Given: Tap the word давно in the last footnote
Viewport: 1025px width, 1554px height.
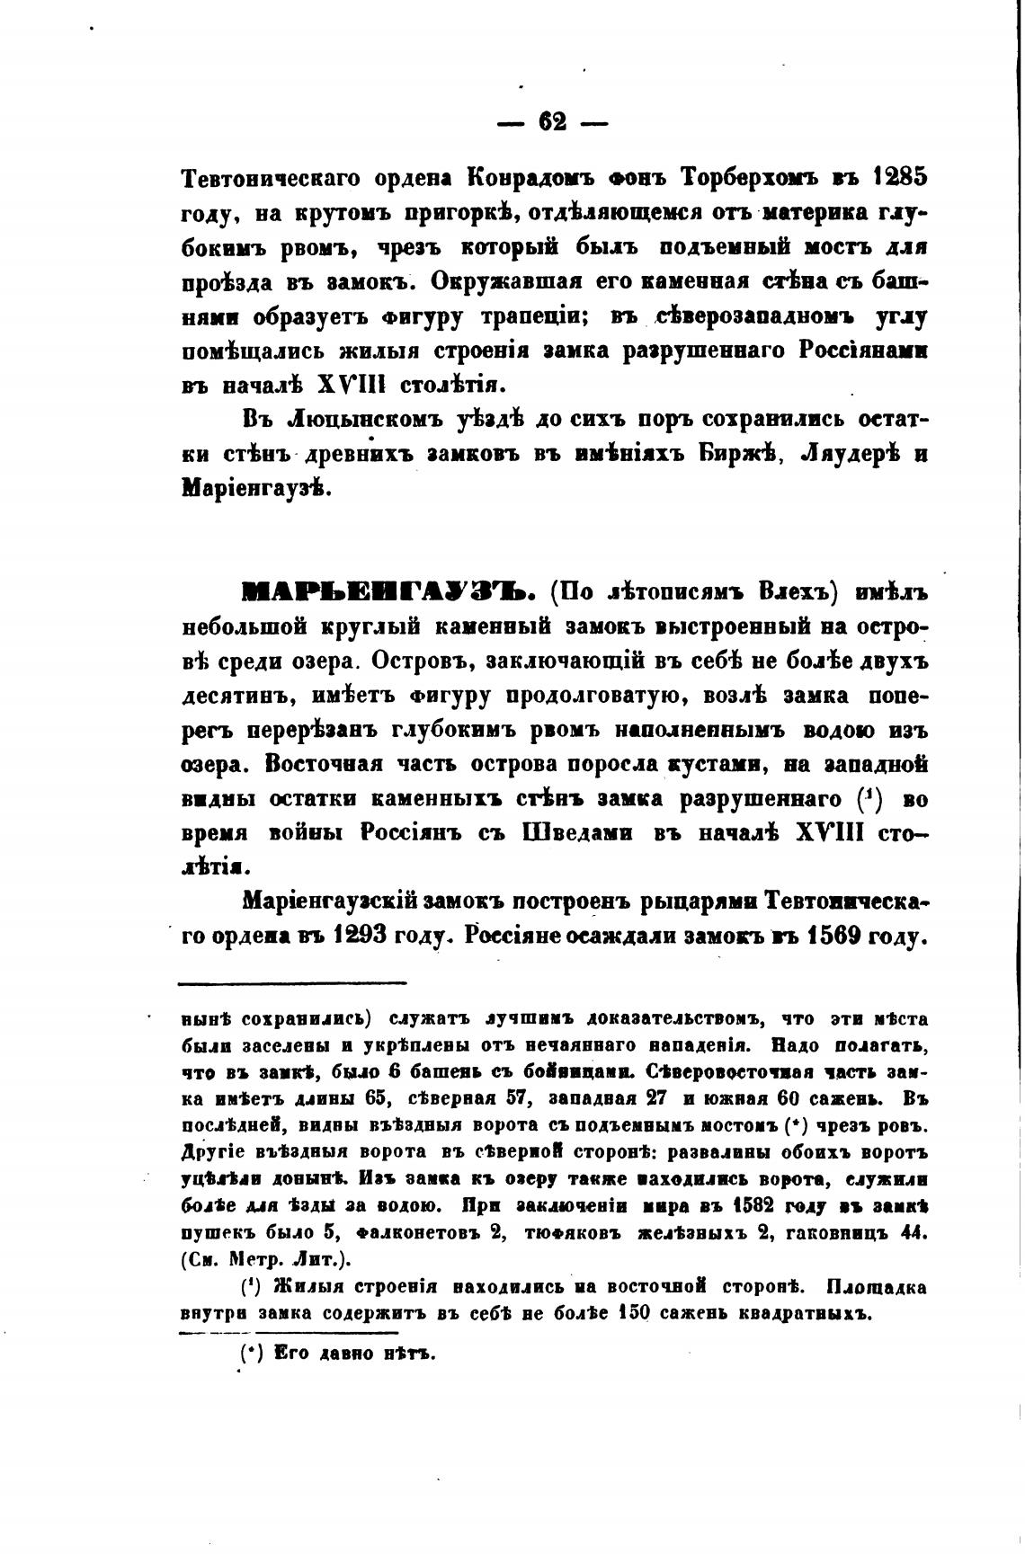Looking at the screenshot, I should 343,1353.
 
